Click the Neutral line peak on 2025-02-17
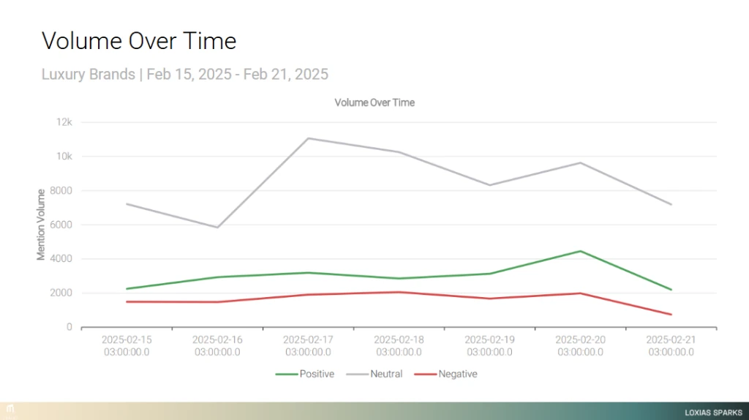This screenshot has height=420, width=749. [x=308, y=138]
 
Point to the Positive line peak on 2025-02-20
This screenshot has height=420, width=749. [x=581, y=251]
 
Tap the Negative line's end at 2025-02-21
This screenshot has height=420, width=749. [x=671, y=315]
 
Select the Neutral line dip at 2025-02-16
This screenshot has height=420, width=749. [x=217, y=228]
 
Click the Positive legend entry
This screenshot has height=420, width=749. [x=305, y=374]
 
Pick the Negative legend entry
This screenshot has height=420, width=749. [x=446, y=374]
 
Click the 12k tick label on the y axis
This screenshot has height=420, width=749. [x=64, y=122]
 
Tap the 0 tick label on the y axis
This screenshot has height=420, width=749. [x=69, y=327]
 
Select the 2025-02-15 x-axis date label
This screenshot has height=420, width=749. [x=127, y=345]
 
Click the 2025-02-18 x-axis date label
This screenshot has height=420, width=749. [x=399, y=345]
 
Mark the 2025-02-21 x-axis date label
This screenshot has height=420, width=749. [x=671, y=345]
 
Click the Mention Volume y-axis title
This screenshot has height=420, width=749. [x=42, y=224]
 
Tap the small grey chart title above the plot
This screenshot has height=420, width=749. [x=374, y=102]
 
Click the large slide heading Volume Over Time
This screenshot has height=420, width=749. [x=139, y=41]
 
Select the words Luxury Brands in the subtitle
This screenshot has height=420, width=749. [x=88, y=74]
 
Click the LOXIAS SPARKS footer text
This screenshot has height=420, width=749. [x=713, y=412]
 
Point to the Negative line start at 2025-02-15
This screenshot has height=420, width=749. [x=127, y=301]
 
